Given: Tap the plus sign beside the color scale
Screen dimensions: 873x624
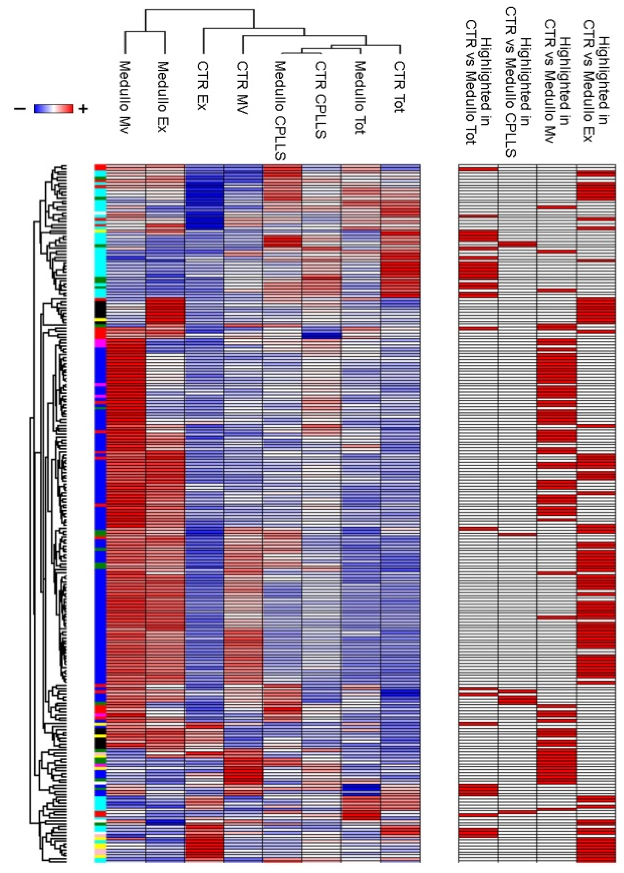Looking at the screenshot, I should tap(83, 109).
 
